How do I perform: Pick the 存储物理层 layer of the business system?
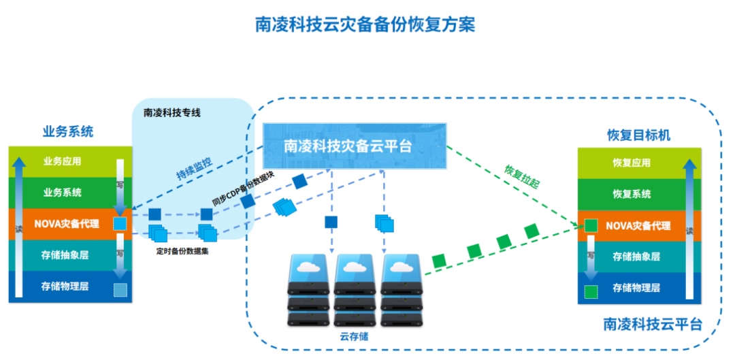tap(65, 287)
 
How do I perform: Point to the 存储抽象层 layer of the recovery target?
tap(636, 257)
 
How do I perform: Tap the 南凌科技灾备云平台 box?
tap(354, 146)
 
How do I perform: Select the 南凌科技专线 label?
tap(172, 114)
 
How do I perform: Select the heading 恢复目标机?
tap(638, 135)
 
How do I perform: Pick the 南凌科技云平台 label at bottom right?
tap(653, 324)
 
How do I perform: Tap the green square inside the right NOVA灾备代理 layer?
tap(591, 225)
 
